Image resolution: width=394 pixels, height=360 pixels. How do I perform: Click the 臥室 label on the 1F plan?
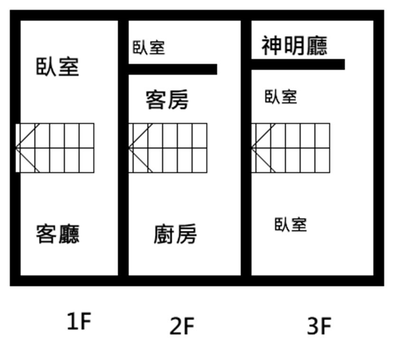point(57,67)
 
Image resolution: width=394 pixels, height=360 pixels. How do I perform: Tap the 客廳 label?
point(57,234)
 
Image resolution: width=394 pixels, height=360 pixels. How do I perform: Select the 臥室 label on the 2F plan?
point(149,47)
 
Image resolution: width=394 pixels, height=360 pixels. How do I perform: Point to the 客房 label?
point(167,100)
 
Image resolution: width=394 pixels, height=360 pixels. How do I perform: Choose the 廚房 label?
point(175,234)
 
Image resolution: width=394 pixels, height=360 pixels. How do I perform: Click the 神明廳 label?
point(294,46)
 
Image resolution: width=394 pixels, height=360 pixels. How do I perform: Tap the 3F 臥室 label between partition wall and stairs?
point(281,97)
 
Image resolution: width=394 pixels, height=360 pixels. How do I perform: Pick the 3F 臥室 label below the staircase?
point(291,225)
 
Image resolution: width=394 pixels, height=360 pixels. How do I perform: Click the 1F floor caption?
point(79,321)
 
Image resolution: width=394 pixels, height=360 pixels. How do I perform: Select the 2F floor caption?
point(182,326)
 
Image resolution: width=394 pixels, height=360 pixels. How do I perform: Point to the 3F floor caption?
point(319,326)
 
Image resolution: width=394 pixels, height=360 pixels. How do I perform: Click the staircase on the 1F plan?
point(55,148)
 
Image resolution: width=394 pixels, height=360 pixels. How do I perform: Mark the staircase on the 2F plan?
point(168,148)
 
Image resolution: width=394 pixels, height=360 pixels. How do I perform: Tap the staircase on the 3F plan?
point(291,148)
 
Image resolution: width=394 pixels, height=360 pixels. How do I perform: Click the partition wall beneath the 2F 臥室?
point(173,69)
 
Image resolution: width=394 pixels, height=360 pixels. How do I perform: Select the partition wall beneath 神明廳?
point(298,65)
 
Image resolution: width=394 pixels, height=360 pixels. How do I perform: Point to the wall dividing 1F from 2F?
point(123,148)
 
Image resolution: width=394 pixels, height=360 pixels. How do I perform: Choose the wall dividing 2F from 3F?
point(246,148)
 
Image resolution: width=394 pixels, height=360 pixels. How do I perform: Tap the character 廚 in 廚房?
point(164,234)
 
